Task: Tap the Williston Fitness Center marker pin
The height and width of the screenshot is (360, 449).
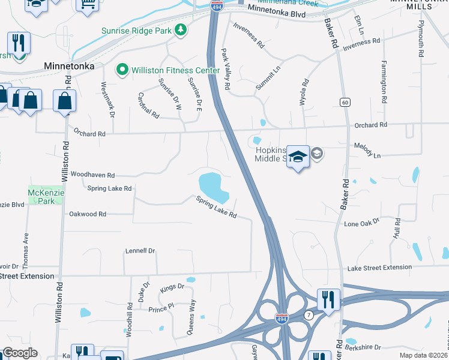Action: coord(123,71)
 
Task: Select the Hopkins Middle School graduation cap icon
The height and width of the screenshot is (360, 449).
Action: coord(298,157)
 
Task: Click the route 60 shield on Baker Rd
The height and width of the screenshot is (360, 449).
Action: coord(345,103)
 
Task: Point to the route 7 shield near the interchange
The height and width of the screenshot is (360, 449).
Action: coord(307,315)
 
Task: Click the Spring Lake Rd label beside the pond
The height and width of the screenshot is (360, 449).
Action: coord(216,208)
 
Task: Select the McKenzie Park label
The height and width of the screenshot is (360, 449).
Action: coord(41,197)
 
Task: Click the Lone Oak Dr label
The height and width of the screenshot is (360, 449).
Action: coord(362,223)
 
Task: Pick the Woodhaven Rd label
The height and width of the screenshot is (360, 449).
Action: coord(92,175)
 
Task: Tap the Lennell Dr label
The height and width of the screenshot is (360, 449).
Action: coord(140,251)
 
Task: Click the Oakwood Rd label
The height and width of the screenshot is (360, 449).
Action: coord(88,214)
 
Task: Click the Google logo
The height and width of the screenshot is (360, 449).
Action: coord(20,353)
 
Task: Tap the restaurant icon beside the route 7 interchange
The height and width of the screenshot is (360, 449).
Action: coord(328,298)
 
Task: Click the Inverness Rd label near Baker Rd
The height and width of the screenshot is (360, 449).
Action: coord(363,41)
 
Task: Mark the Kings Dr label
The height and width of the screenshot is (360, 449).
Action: coord(172,287)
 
